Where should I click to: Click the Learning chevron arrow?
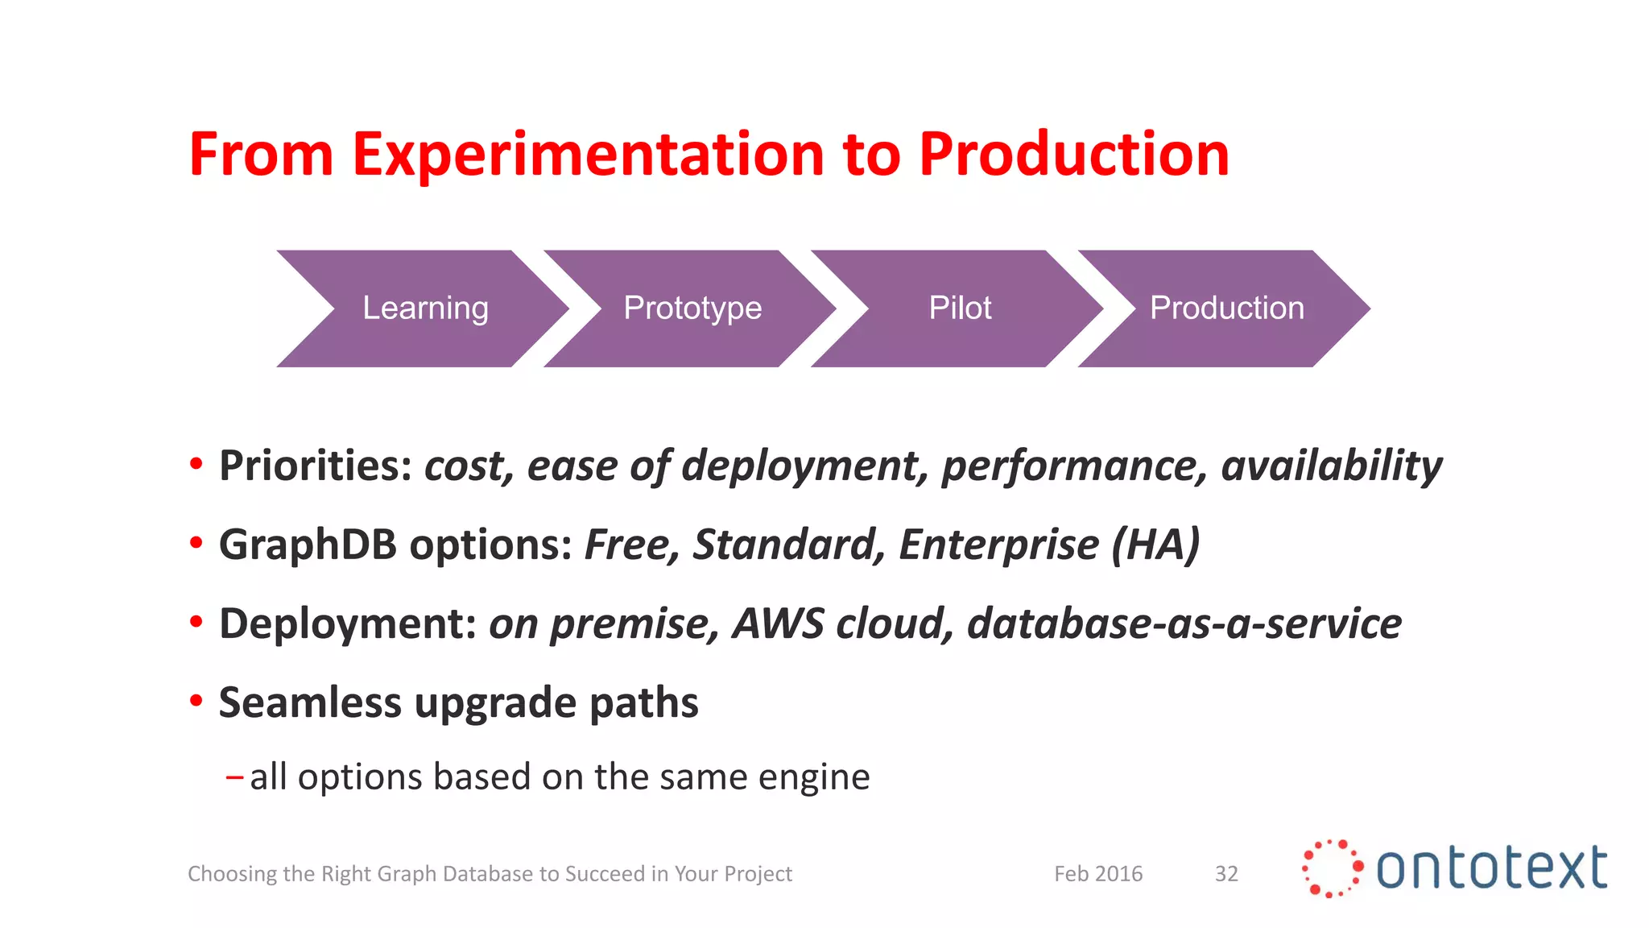[x=424, y=309]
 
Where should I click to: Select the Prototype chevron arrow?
[x=692, y=309]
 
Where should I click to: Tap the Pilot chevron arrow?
[x=960, y=309]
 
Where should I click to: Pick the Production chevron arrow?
[x=1226, y=309]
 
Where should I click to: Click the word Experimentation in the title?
[x=588, y=155]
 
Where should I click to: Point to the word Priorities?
[x=315, y=466]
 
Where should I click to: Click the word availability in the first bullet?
[x=1331, y=466]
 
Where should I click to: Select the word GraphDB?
[x=308, y=545]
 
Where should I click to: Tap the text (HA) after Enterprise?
[x=1155, y=545]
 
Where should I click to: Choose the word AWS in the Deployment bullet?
[x=778, y=624]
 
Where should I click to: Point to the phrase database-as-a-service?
[x=1184, y=624]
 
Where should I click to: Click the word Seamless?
[x=310, y=703]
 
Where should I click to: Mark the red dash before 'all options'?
[x=234, y=777]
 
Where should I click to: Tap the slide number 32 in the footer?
[x=1226, y=874]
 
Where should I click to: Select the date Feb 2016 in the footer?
[x=1098, y=874]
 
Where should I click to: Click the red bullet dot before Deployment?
[x=196, y=622]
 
